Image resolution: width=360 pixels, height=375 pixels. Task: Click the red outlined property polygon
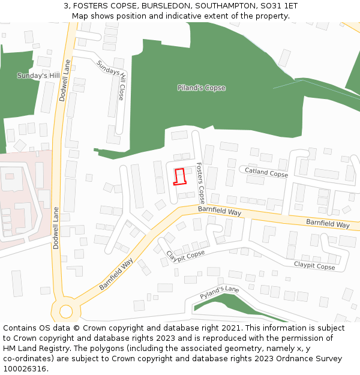(179, 177)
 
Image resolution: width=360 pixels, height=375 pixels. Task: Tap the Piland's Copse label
(202, 88)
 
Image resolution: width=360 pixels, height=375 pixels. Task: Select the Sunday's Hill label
(38, 76)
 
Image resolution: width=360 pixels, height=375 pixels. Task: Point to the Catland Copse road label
(266, 173)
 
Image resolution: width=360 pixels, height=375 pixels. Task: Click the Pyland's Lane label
(220, 293)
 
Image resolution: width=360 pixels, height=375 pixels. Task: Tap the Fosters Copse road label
(200, 182)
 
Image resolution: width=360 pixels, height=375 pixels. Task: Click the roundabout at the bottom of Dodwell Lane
(65, 311)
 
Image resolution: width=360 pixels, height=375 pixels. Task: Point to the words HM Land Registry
(35, 349)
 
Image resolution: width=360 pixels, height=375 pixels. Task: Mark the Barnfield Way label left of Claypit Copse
(116, 275)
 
